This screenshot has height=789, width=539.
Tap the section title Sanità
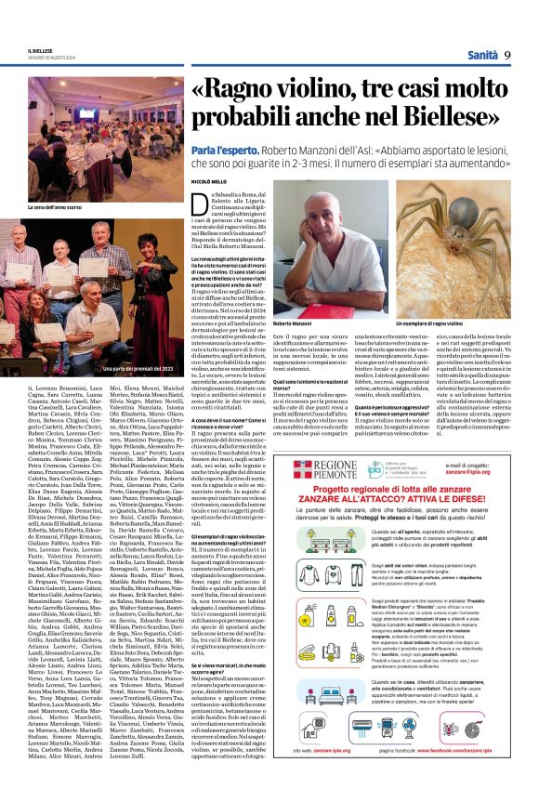(479, 55)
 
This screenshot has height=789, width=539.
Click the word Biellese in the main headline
(414, 122)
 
